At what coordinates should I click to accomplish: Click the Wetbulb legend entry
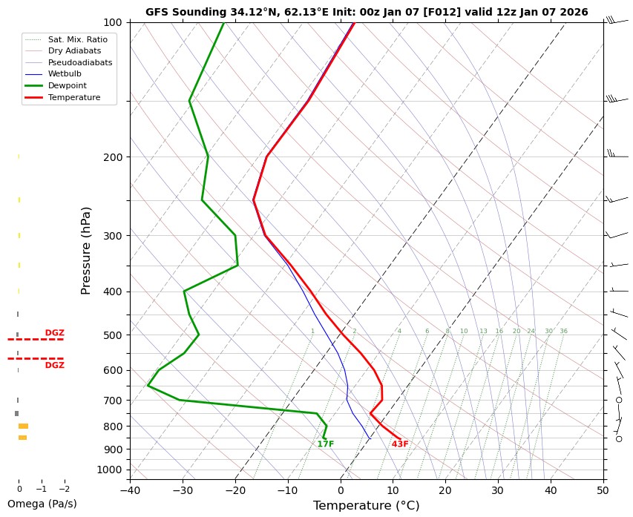point(65,74)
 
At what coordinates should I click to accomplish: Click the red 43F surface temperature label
point(400,444)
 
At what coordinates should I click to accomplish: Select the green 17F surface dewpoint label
point(325,444)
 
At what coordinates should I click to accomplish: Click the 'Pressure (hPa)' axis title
point(85,250)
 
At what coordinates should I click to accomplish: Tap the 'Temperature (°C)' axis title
point(367,506)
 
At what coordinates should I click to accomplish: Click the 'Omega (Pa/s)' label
point(42,504)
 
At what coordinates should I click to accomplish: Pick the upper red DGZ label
point(54,332)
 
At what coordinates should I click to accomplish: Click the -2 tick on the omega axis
point(64,490)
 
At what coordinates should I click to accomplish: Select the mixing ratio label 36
point(564,331)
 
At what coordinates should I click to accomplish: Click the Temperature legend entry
point(73,97)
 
